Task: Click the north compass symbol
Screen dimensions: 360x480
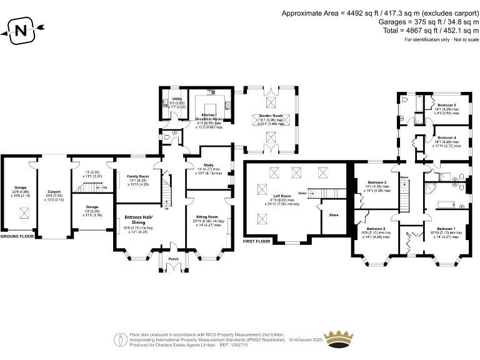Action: (22, 29)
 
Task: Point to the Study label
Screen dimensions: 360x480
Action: (208, 165)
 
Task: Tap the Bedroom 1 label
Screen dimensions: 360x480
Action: (446, 229)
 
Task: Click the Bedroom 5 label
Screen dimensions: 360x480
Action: (446, 104)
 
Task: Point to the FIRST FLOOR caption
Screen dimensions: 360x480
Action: (259, 240)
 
